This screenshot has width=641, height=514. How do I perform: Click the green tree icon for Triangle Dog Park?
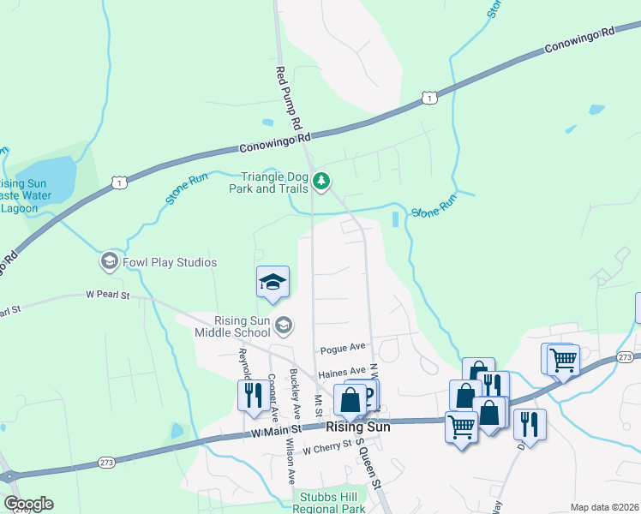321,181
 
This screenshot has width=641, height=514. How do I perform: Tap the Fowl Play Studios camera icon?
109,261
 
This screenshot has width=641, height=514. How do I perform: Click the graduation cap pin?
273,284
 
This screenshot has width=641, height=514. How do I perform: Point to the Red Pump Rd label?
289,99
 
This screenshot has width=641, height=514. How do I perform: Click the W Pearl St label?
107,296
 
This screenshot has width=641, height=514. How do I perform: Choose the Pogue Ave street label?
343,349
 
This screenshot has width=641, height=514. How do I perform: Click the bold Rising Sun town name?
357,427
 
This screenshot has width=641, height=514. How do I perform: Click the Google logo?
28,504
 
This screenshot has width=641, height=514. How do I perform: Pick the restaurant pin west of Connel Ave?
250,394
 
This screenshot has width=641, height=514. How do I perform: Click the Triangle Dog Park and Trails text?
269,182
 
